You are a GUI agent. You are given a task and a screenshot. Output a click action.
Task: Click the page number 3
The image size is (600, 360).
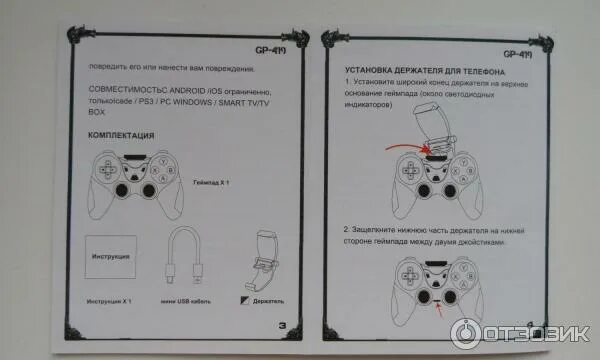283,324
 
